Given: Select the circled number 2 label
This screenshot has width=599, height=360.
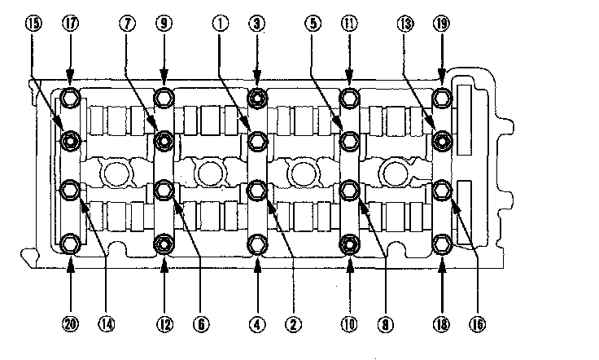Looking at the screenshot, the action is point(289,325).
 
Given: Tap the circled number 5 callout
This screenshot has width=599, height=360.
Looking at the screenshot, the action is point(313,24).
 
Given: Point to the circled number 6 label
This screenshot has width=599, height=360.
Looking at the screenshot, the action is point(198,325).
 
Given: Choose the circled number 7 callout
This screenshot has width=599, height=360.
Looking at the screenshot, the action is point(129,24).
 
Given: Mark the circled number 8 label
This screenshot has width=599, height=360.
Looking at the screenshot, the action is point(383,325).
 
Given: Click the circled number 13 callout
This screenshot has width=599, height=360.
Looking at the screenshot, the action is point(405,24).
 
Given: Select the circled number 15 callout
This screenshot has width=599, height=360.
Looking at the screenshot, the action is point(36,24).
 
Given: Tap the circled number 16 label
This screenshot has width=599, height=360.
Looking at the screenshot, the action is point(477,325).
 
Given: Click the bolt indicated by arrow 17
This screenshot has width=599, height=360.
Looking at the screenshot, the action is point(70,99).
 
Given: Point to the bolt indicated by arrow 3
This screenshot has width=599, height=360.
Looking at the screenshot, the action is point(257,99).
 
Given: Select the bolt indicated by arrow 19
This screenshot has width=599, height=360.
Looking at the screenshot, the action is point(442,99).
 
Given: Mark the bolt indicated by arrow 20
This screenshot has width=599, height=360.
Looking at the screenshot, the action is point(70,243).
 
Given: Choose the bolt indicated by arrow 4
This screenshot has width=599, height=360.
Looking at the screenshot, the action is point(257,243).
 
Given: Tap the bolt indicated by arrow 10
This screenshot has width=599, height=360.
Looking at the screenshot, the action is point(350,243).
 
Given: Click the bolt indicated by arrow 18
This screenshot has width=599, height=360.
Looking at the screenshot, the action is point(442,243).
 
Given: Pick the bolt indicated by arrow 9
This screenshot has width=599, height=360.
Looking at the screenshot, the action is point(164,99).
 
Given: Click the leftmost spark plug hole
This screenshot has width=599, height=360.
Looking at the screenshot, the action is point(116,172).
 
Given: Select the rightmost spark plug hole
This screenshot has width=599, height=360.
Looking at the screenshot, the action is point(394,172).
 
